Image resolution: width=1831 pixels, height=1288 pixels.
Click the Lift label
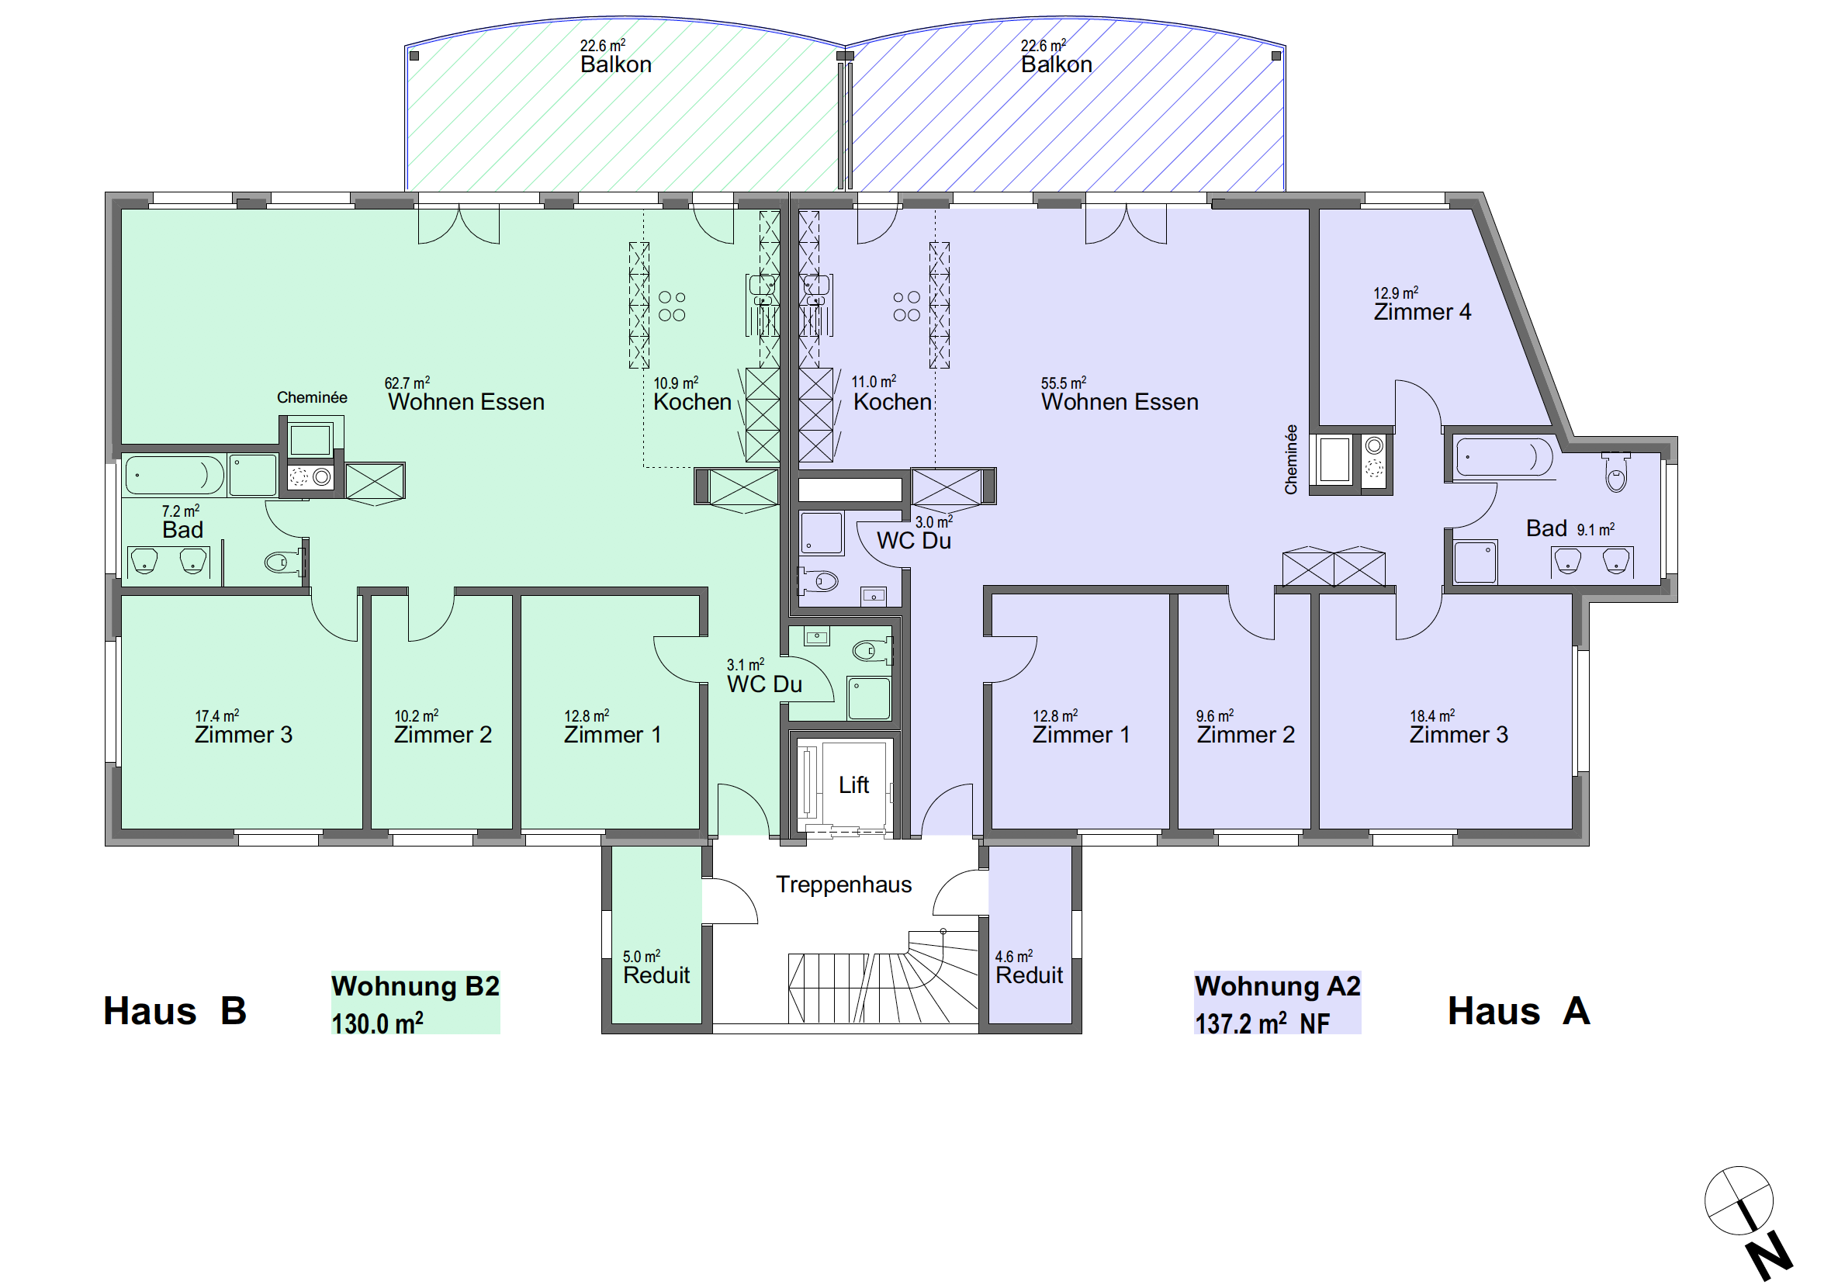[853, 785]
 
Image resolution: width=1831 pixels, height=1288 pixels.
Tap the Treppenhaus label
[843, 885]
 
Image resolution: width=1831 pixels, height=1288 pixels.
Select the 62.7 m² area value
[407, 383]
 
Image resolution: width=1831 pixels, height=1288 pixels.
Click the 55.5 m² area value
[1063, 383]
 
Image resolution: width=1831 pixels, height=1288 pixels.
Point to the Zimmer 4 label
[1422, 312]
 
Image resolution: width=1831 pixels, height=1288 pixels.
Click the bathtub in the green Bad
[175, 476]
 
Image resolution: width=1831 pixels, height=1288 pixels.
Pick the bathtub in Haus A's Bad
[1504, 458]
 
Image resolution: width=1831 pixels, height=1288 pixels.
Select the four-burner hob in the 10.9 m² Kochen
[671, 306]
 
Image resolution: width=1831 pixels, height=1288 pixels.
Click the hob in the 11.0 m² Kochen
[907, 306]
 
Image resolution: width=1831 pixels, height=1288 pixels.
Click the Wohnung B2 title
[416, 986]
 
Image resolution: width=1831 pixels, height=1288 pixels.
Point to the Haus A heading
[1518, 1011]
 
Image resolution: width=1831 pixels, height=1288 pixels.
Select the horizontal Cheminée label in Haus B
[312, 398]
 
